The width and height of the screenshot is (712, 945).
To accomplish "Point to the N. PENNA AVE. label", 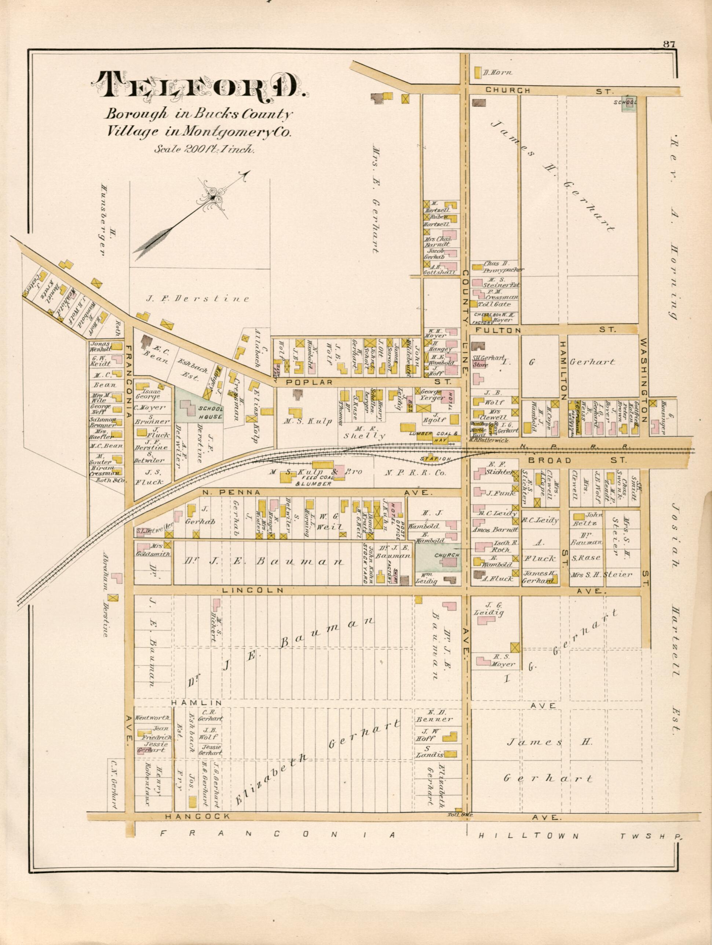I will pos(316,493).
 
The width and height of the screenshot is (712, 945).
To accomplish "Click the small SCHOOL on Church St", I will pos(627,103).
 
